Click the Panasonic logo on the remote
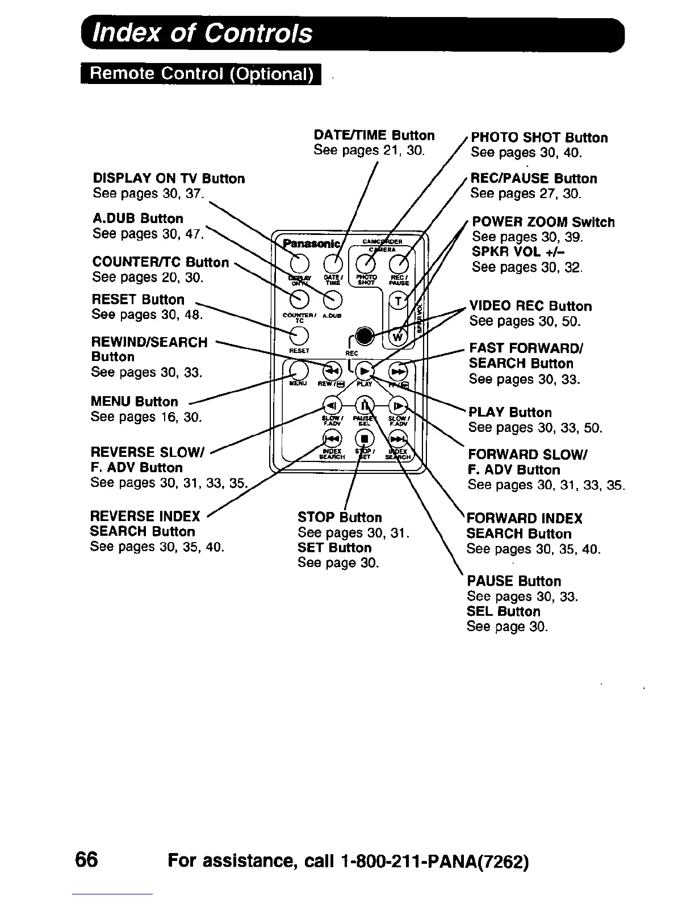(312, 243)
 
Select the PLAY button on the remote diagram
(365, 371)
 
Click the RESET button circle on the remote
(299, 335)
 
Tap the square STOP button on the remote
(365, 438)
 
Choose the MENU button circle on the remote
(299, 371)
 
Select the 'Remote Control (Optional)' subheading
(201, 75)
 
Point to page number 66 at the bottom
(86, 860)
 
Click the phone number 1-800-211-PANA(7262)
(436, 862)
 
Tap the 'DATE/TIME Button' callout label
(374, 135)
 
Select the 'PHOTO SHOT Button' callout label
(539, 138)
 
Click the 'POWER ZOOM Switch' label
(543, 222)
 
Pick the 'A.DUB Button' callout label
(138, 219)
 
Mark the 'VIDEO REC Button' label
(530, 306)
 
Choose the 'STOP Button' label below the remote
(340, 517)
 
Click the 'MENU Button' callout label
(135, 402)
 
